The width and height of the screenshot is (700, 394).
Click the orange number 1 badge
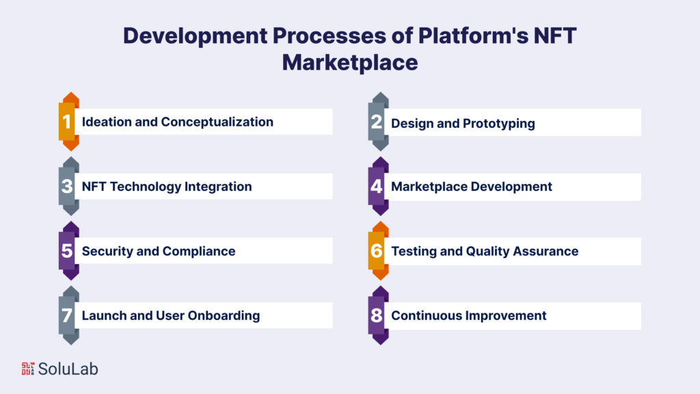coord(67,122)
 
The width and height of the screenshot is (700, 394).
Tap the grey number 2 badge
coord(377,122)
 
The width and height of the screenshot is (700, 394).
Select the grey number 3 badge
coord(67,186)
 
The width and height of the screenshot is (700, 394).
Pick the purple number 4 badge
coord(377,186)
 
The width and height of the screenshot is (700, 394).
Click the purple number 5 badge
coord(67,251)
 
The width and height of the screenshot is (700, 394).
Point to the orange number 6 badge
coord(377,251)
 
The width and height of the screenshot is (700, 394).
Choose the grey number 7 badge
coord(67,315)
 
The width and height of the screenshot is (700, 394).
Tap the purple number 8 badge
coord(377,315)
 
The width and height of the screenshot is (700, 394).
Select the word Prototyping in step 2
coord(500,123)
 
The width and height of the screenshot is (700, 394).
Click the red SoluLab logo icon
coord(27,369)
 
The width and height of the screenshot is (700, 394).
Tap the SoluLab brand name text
coord(68,369)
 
